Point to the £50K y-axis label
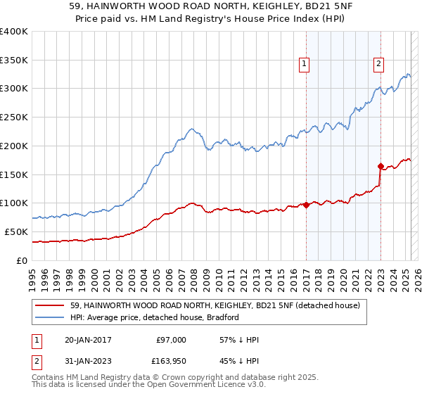[x=16, y=231]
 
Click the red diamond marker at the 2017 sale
[x=307, y=205]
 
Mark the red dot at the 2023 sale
[x=381, y=167]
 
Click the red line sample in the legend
[x=49, y=305]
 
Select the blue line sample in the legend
[x=49, y=317]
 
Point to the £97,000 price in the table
[x=171, y=340]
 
